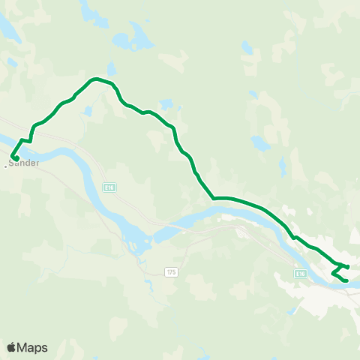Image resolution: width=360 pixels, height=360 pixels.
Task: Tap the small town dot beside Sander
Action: (x=5, y=166)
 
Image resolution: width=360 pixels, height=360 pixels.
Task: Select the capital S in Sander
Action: (x=13, y=163)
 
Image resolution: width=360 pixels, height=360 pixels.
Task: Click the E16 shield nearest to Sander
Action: (x=109, y=187)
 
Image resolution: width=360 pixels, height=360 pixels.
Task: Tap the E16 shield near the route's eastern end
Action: (x=300, y=274)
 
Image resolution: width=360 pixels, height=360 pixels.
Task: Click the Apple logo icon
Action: (x=11, y=347)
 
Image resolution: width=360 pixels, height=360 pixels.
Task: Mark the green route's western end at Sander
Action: (x=16, y=158)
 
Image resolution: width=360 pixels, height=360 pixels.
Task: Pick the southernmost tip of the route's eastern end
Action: (x=346, y=281)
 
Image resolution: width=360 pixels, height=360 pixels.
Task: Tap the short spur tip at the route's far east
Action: (x=348, y=266)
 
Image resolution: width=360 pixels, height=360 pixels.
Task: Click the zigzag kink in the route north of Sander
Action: (x=28, y=140)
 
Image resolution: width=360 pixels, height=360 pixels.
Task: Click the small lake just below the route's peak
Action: (x=88, y=111)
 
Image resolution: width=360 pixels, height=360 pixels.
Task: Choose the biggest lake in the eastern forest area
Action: (x=259, y=142)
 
